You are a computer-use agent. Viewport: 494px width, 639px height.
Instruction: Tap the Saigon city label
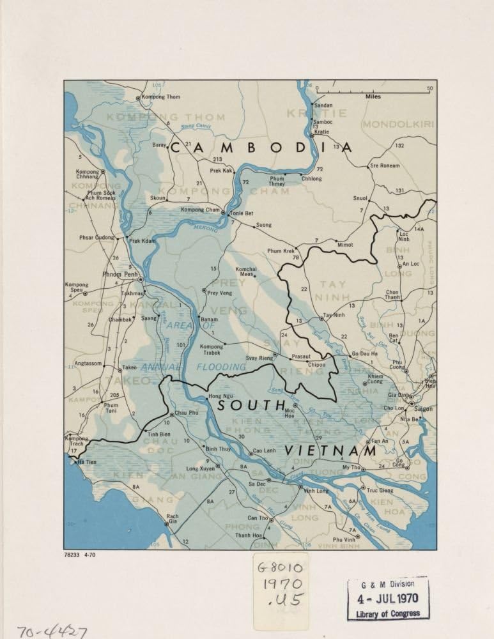(423, 408)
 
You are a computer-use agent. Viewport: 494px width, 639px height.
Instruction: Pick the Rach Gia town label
(172, 516)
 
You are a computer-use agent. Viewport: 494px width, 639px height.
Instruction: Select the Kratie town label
(321, 132)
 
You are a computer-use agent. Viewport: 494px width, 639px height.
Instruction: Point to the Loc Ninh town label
(404, 238)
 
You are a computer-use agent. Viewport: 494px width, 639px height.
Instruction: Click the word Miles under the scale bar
(374, 97)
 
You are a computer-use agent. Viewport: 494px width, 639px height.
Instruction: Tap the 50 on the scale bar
(430, 88)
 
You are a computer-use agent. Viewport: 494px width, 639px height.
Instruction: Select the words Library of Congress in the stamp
(388, 613)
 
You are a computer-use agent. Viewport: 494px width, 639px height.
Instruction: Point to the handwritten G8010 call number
(279, 566)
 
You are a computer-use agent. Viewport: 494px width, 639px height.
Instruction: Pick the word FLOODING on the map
(221, 367)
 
